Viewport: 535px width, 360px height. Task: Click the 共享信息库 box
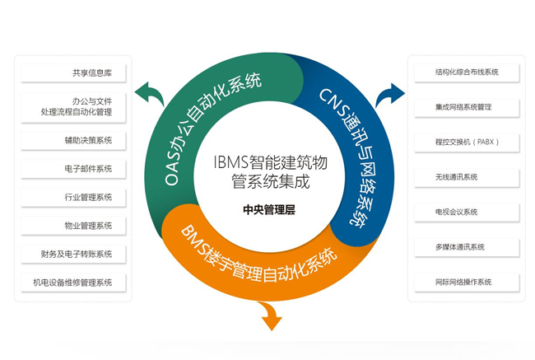point(73,72)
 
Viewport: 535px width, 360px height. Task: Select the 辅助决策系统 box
point(73,140)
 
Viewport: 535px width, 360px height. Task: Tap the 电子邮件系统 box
point(73,169)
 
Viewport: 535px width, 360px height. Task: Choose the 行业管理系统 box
point(73,197)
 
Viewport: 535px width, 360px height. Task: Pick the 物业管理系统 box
point(73,226)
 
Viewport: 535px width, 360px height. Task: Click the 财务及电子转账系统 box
point(73,254)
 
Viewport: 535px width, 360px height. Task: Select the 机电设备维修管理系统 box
point(73,283)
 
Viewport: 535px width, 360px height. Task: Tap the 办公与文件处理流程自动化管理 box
point(73,107)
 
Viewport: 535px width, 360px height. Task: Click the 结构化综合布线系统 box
point(467,72)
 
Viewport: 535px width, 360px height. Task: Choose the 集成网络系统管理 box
point(467,107)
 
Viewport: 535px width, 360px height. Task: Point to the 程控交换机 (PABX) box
point(467,142)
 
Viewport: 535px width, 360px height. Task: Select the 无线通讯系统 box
point(467,177)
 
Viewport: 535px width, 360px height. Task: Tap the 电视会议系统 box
point(467,212)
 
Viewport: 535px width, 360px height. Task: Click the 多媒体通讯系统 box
point(467,247)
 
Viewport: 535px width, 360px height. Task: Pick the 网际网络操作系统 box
point(467,282)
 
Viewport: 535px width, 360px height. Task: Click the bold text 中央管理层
point(269,209)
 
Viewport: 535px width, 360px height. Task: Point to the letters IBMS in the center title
point(231,162)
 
